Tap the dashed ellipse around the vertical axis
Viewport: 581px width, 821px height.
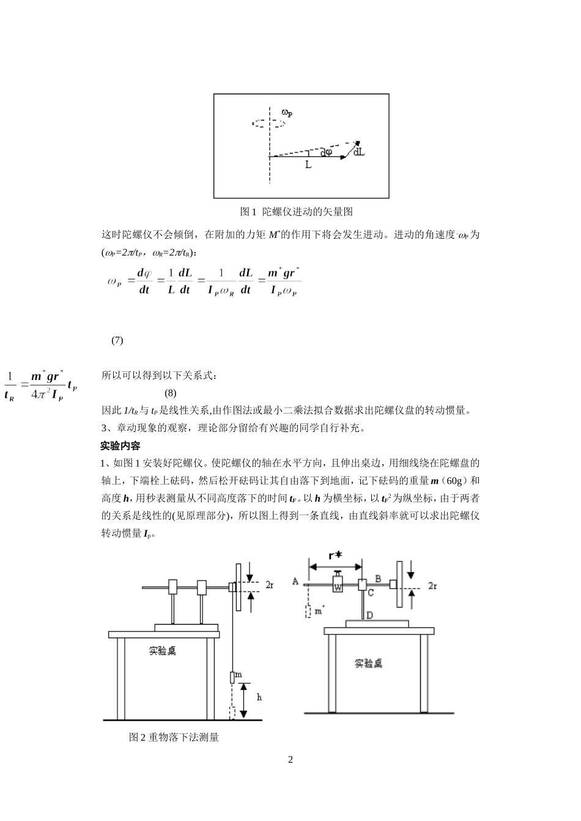(x=269, y=123)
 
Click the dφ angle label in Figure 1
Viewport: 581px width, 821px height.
(x=326, y=152)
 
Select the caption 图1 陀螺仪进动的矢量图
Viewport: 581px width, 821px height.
(x=297, y=212)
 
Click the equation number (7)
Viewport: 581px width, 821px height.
(x=117, y=340)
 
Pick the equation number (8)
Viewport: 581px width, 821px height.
(x=171, y=392)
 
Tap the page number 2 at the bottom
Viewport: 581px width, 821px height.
(x=290, y=760)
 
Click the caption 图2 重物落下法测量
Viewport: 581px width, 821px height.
(x=174, y=737)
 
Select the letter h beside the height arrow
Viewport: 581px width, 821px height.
(x=259, y=697)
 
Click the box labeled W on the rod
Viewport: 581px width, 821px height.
(x=338, y=585)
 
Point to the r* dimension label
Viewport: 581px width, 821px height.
(x=335, y=555)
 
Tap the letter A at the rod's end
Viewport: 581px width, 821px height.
(x=296, y=581)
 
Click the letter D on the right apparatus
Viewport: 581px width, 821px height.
(x=369, y=616)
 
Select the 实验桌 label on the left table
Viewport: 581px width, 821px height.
(x=162, y=651)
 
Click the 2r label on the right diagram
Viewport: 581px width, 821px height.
(x=432, y=585)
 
